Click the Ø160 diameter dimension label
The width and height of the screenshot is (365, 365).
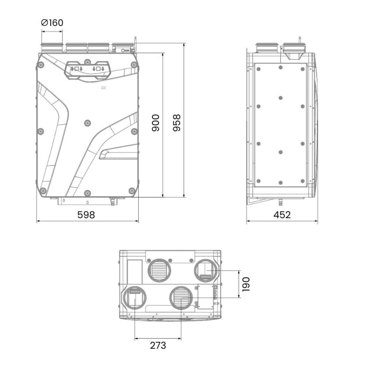point(52,23)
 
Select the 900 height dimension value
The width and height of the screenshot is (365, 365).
point(155,123)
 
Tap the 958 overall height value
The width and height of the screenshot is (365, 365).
point(176,123)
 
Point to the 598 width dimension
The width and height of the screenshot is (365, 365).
point(86,215)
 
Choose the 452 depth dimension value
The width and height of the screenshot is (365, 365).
point(282,215)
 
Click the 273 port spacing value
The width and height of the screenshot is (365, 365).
point(158,345)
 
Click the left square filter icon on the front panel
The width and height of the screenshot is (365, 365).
point(77,69)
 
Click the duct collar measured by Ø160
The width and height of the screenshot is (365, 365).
point(52,47)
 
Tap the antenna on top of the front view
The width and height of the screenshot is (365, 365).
point(135,39)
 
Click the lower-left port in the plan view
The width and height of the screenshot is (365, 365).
point(135,297)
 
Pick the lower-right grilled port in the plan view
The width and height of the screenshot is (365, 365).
point(180,297)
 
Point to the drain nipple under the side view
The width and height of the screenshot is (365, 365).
point(281,201)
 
